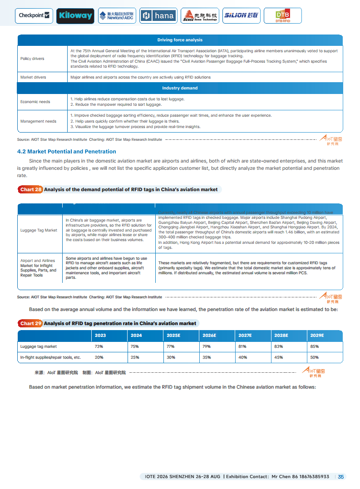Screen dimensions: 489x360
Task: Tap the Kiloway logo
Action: click(x=76, y=16)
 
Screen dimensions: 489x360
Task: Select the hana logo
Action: click(x=158, y=16)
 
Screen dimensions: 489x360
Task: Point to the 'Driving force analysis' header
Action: click(x=180, y=40)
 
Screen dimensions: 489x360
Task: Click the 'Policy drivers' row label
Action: click(x=32, y=59)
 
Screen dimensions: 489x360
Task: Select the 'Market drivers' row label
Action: click(x=33, y=77)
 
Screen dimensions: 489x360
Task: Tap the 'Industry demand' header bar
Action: click(x=180, y=88)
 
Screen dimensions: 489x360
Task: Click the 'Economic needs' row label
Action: click(x=35, y=102)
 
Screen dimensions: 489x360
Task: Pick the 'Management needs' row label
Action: click(x=38, y=121)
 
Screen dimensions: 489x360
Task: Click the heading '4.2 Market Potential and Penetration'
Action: click(x=66, y=152)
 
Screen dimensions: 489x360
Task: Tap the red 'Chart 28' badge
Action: click(x=30, y=190)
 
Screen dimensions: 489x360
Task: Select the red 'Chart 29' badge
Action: click(x=30, y=324)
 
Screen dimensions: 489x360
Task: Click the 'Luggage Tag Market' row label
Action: click(x=39, y=230)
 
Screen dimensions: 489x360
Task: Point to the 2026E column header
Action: click(x=209, y=336)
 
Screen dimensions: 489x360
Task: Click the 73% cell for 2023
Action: click(x=98, y=346)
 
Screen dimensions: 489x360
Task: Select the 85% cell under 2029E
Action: click(x=314, y=346)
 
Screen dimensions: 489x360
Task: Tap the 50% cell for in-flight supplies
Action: click(x=314, y=357)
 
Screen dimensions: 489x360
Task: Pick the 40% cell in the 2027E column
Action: click(x=242, y=357)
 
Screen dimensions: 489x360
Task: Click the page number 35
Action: click(x=341, y=477)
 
